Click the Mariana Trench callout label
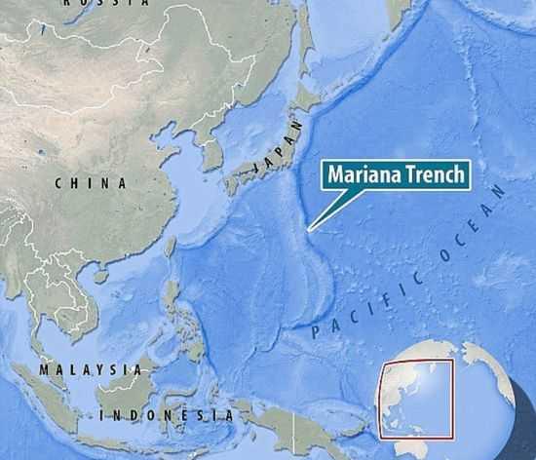tap(396, 175)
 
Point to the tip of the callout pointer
tap(309, 230)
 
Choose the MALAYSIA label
tap(90, 369)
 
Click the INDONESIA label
tap(167, 416)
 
